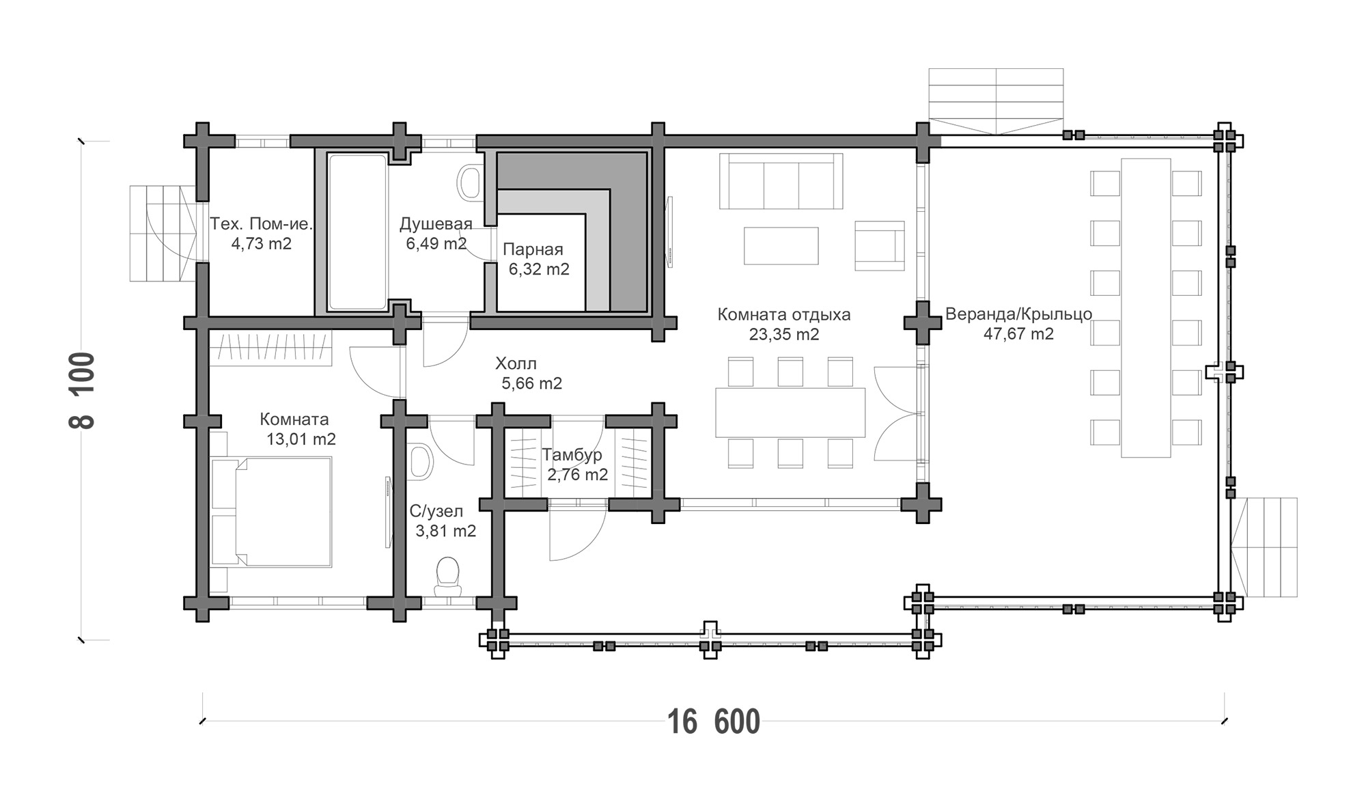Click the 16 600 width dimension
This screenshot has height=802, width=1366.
coord(713,722)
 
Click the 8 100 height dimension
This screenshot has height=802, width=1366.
coord(83,390)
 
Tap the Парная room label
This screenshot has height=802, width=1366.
coord(533,249)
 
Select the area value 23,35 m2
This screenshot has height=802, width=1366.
coord(783,335)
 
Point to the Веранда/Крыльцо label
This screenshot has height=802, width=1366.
coord(1018,314)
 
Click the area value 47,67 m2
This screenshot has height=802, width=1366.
coord(1018,334)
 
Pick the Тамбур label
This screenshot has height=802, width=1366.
coord(572,455)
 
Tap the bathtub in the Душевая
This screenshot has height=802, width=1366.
coord(357,232)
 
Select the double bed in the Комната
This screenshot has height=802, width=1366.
coord(271,512)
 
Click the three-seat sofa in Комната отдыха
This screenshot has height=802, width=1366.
coord(781,181)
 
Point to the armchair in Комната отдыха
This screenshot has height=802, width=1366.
coord(879,245)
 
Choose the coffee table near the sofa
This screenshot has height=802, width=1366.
coord(781,246)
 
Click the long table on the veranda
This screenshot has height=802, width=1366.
coord(1145,308)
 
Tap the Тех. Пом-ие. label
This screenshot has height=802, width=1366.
coord(261,223)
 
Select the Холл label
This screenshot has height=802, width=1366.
coord(516,363)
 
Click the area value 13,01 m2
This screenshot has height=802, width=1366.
coord(301,439)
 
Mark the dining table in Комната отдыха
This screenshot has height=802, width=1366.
coord(790,413)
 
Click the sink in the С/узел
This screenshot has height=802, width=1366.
coord(421,461)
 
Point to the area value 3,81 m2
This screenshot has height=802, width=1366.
coord(446,531)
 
